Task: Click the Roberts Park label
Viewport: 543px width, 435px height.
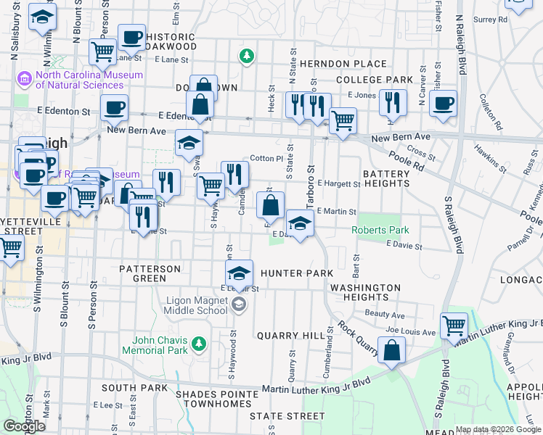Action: click(x=380, y=230)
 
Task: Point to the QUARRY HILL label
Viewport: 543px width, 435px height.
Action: click(x=287, y=336)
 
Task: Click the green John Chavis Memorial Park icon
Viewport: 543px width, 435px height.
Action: click(x=197, y=341)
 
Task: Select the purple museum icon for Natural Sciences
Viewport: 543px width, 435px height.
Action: click(x=24, y=76)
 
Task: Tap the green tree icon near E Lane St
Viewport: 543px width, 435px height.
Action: click(x=247, y=55)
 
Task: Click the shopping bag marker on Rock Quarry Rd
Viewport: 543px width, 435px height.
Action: click(x=391, y=350)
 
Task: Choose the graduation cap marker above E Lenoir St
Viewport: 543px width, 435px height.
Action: click(x=239, y=273)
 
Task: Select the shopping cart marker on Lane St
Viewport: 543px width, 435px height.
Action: click(x=102, y=51)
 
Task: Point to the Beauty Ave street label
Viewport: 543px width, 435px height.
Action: click(x=385, y=315)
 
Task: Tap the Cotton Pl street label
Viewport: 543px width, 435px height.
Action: click(x=266, y=158)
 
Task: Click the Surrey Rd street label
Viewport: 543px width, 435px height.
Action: click(x=486, y=20)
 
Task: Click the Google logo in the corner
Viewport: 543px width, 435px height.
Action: click(x=24, y=426)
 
